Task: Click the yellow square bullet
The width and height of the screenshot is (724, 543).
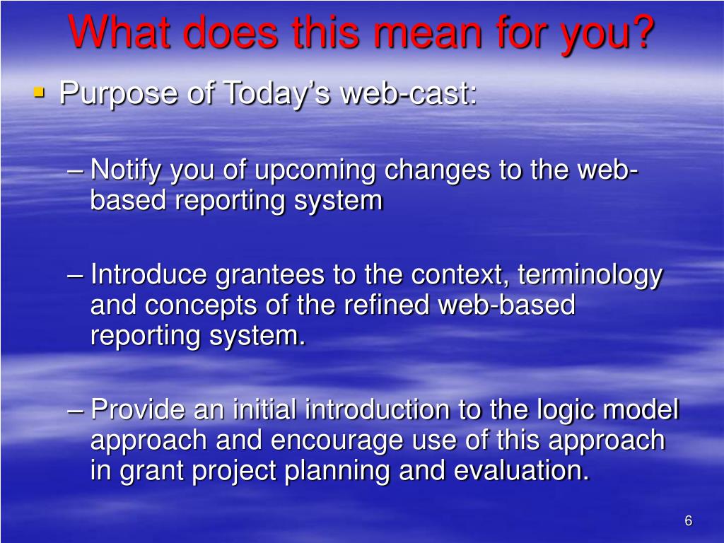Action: tap(40, 93)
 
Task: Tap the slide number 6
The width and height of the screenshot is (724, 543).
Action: tap(689, 521)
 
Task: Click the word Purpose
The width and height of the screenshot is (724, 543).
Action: tap(118, 95)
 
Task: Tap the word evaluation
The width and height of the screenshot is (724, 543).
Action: tap(522, 470)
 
